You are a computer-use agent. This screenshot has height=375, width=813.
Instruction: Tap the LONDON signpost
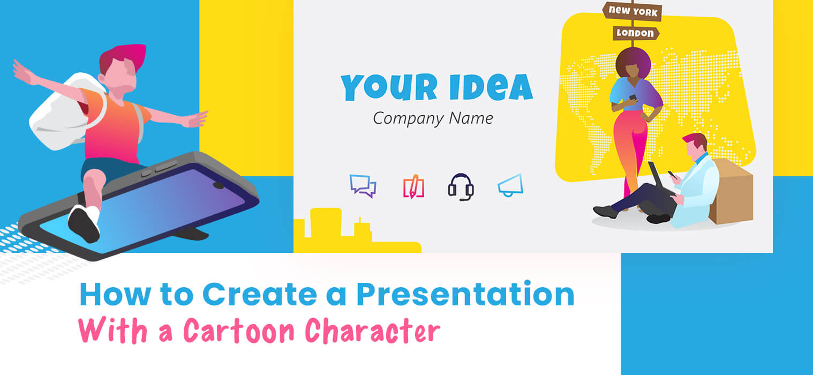636,33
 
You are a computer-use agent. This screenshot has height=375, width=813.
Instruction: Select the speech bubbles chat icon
363,185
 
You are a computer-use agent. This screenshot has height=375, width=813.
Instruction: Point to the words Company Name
433,118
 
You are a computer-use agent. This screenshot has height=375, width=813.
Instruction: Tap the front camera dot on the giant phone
218,185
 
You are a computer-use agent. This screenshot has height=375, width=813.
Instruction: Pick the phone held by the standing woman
632,97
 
